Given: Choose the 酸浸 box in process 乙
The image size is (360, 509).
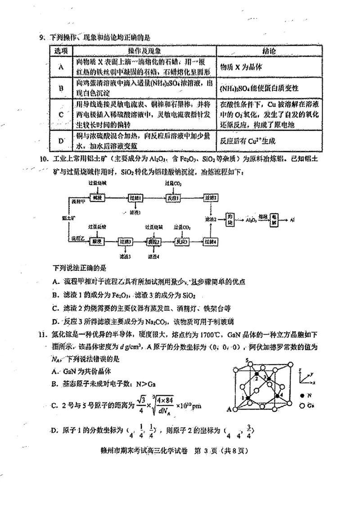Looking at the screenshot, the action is pyautogui.click(x=96, y=241).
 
